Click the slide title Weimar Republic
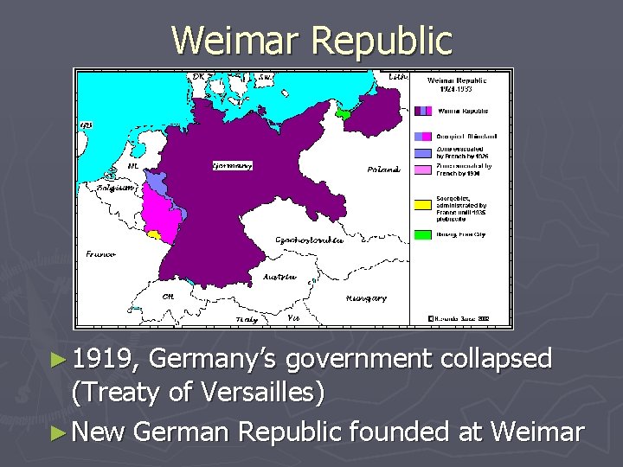[311, 40]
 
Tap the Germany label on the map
[232, 165]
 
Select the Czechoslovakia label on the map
[308, 240]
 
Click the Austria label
[279, 278]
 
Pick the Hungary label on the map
[366, 298]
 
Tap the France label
[101, 254]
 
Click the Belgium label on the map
[117, 187]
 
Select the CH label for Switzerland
[169, 296]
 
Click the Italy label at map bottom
[247, 319]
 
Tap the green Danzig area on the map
[344, 112]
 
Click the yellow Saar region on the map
[154, 233]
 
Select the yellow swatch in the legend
[422, 204]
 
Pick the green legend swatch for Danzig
[422, 233]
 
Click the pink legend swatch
[422, 170]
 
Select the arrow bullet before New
[79, 430]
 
